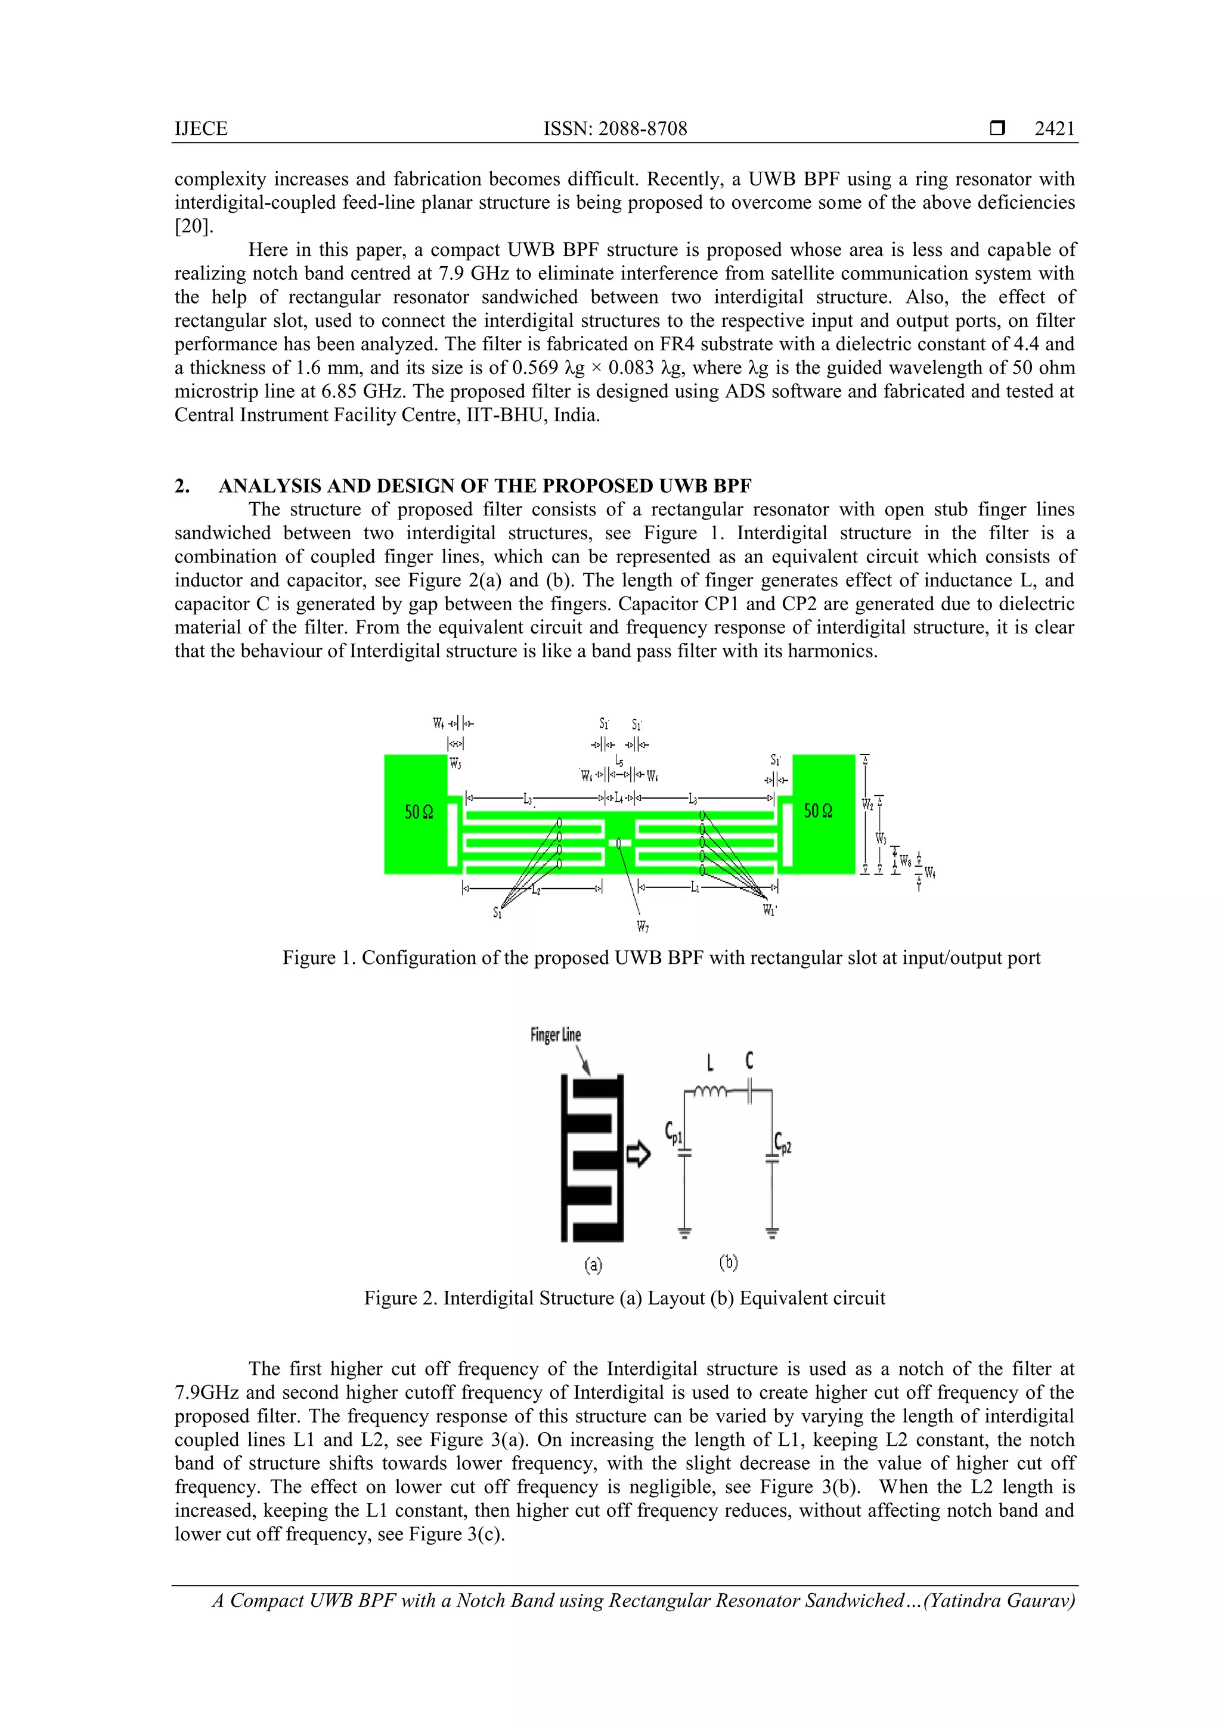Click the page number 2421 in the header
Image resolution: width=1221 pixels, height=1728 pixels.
1054,129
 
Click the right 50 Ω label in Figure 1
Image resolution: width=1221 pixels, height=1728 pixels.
818,811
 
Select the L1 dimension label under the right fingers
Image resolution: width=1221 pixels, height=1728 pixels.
695,888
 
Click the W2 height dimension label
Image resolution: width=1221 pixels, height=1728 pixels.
867,805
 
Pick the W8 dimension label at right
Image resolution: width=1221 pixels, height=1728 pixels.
905,860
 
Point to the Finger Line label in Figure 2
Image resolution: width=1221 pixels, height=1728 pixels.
555,1035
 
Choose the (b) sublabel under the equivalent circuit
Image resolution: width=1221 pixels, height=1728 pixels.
728,1262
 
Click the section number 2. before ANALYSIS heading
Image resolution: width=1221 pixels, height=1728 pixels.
182,486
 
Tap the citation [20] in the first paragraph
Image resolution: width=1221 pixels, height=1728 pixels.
193,227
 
